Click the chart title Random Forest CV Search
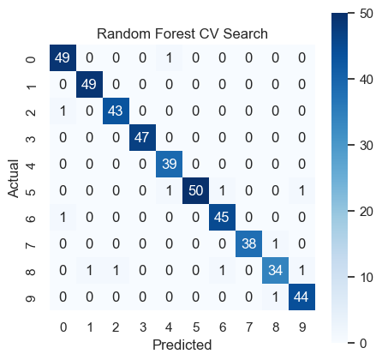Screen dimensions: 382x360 pyautogui.click(x=182, y=33)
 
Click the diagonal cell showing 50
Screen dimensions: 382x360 pyautogui.click(x=195, y=190)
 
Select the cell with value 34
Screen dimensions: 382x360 pyautogui.click(x=275, y=270)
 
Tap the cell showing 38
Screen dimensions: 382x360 pyautogui.click(x=248, y=243)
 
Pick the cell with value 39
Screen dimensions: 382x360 pyautogui.click(x=169, y=164)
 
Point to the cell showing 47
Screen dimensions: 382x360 pyautogui.click(x=142, y=137)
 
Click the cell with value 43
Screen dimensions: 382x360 pyautogui.click(x=116, y=111)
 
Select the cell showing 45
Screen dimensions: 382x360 pyautogui.click(x=222, y=217)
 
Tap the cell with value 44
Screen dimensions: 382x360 pyautogui.click(x=301, y=297)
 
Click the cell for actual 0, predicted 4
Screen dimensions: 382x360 pyautogui.click(x=169, y=57)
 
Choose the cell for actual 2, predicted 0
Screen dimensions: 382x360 pyautogui.click(x=63, y=111)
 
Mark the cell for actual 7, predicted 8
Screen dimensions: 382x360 pyautogui.click(x=275, y=243)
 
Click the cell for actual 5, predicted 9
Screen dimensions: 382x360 pyautogui.click(x=301, y=190)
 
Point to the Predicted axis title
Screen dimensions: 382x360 pyautogui.click(x=182, y=345)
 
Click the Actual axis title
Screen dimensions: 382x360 pyautogui.click(x=13, y=178)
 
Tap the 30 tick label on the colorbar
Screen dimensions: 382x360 pyautogui.click(x=367, y=146)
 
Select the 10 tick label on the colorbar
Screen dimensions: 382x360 pyautogui.click(x=367, y=277)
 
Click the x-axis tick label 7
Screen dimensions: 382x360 pyautogui.click(x=249, y=327)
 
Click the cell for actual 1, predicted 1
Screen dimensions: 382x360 pyautogui.click(x=89, y=84)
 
